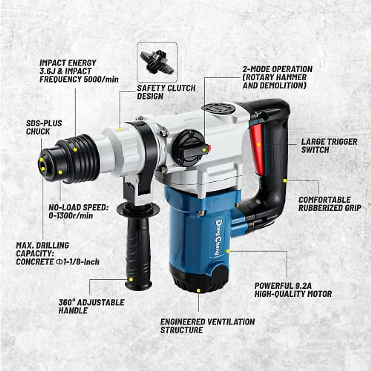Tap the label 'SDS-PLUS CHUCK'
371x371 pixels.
[x=44, y=127]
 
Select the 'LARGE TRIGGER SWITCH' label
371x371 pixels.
[x=329, y=146]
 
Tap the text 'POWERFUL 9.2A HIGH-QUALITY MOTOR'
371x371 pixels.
[x=293, y=290]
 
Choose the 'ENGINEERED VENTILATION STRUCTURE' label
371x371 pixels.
[x=207, y=326]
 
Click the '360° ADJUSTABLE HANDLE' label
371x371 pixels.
[x=91, y=306]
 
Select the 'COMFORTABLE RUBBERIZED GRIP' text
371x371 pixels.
[x=330, y=204]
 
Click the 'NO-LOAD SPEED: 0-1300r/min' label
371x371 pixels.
[x=79, y=211]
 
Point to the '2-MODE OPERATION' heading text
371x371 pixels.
[x=277, y=69]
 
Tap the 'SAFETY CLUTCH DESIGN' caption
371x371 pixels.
[x=166, y=92]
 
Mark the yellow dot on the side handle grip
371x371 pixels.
[x=131, y=279]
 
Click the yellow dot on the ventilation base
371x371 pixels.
[x=198, y=290]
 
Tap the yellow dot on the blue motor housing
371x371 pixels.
[x=228, y=251]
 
